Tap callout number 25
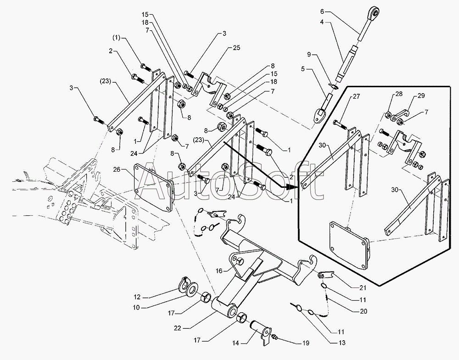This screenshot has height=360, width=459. tap(236, 47)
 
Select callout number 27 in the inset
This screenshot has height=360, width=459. tap(356, 96)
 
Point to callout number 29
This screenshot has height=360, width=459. tap(421, 96)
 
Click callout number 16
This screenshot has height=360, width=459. tap(219, 271)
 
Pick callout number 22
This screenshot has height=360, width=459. tap(177, 328)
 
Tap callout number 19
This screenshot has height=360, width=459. tap(305, 343)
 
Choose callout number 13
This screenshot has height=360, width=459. tap(341, 343)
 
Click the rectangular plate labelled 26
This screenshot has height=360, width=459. tap(152, 188)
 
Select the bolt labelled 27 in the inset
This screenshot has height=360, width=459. tap(341, 124)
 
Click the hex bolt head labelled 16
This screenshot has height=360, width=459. tap(240, 260)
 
